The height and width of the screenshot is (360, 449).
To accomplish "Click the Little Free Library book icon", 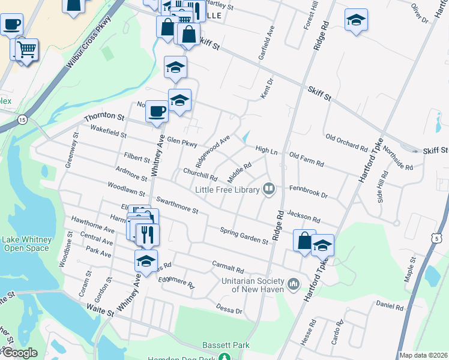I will pos(270,190).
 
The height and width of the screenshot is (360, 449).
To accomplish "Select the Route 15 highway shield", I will pos(22,119).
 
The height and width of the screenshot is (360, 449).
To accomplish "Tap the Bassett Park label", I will pos(226,345).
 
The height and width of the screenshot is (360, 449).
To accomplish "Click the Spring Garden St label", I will pos(244,236).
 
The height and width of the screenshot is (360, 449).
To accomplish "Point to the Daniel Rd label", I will pos(390,306).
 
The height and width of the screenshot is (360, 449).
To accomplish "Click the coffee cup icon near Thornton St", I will pos(157,111).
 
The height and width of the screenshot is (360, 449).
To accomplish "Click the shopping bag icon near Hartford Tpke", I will pos(304,240).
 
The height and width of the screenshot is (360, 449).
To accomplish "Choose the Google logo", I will pos(19,353).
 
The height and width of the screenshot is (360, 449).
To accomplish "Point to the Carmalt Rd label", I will pos(228,266).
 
